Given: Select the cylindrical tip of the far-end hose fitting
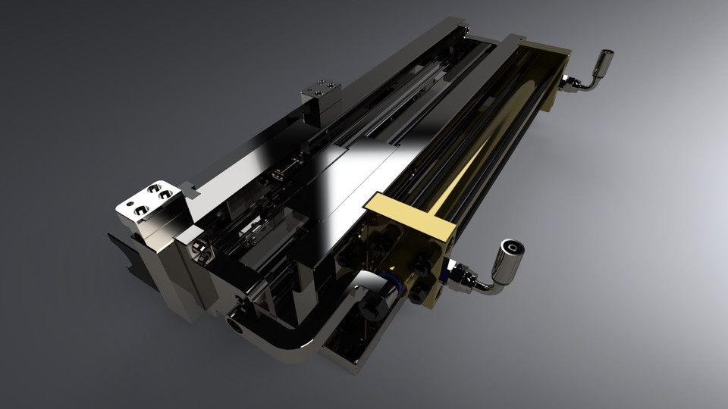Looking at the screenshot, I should click(604, 59).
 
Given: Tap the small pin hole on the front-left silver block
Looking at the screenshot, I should click(130, 203).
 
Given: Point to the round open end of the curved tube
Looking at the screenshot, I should click(234, 325).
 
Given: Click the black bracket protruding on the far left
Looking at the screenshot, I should click(121, 249).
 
